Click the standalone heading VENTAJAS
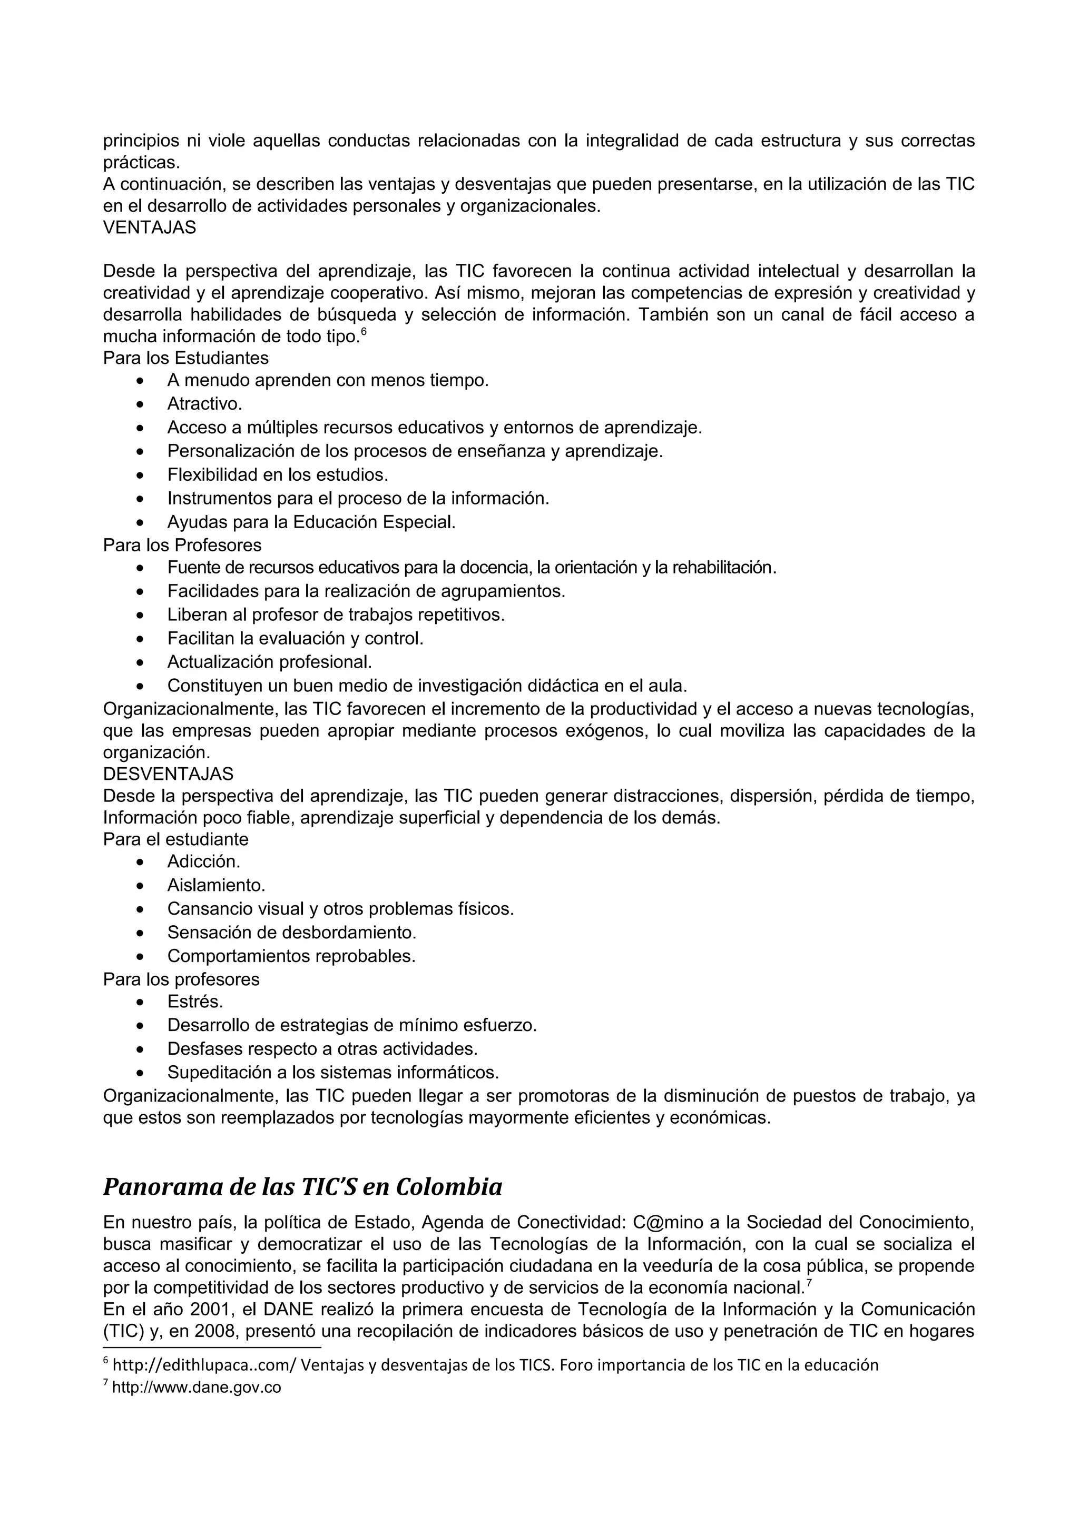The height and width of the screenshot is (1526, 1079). coord(149,227)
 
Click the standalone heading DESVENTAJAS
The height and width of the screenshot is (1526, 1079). coord(168,774)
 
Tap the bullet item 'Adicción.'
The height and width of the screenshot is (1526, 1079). coord(203,861)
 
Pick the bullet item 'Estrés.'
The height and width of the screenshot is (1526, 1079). coord(195,1002)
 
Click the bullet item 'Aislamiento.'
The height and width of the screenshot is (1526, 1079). coord(216,885)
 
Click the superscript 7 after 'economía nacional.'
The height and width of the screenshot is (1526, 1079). coord(809,1282)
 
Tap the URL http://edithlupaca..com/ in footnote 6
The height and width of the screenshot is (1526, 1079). coord(204,1366)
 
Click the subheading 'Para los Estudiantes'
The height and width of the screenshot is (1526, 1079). coord(185,358)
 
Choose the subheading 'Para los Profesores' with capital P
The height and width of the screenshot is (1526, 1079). coord(182,545)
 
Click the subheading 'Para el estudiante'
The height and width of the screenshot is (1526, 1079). coord(175,839)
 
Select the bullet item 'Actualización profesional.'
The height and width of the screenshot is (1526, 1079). coord(269,662)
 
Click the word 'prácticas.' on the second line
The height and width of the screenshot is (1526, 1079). coord(141,162)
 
